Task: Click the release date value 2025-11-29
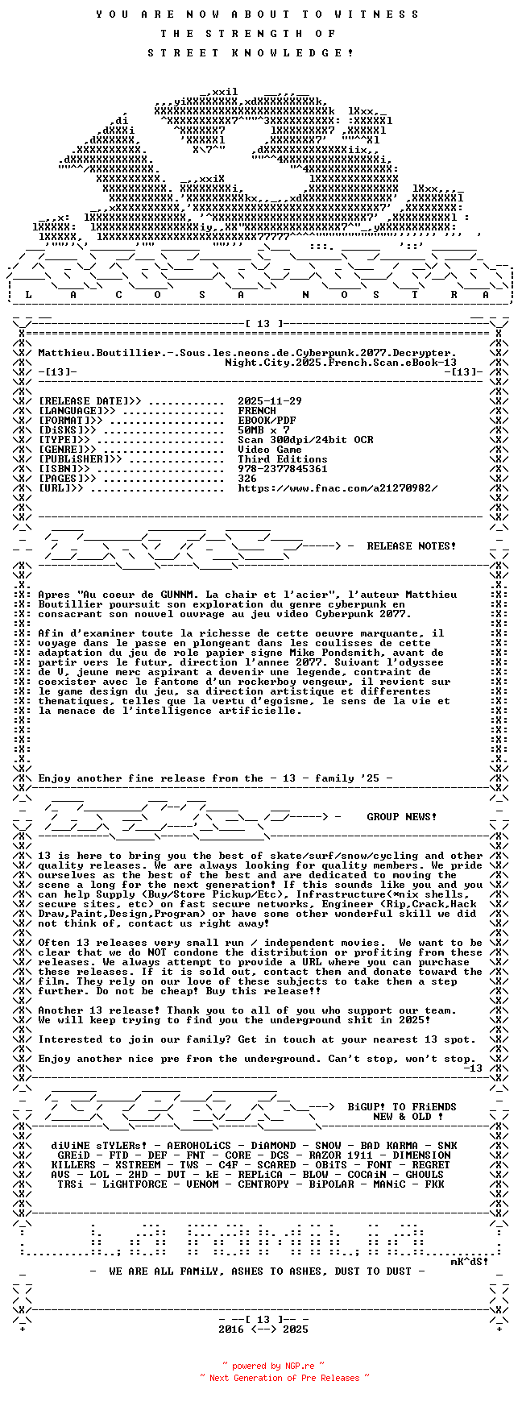click(270, 401)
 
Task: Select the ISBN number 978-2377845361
click(283, 469)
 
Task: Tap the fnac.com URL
click(338, 488)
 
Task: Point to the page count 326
click(247, 479)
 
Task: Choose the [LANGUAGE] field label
click(77, 411)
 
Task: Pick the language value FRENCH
click(257, 411)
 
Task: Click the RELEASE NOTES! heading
click(411, 546)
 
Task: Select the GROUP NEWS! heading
click(402, 817)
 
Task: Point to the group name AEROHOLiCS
click(199, 1146)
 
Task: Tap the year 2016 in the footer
click(231, 1329)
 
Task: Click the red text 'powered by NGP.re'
click(274, 1366)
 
